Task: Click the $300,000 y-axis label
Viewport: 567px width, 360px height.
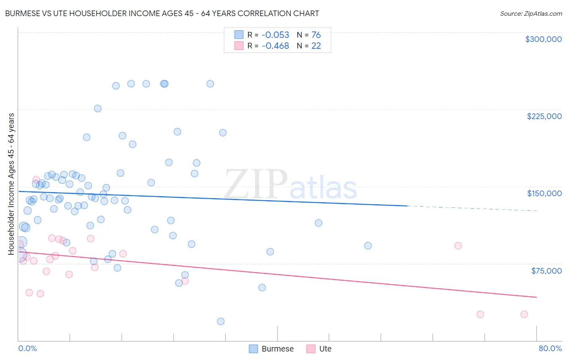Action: click(x=543, y=39)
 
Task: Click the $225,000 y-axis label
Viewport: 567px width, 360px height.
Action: click(x=544, y=116)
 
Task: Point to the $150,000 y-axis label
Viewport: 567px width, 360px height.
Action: click(x=544, y=193)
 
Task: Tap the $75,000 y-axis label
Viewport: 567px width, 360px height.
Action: click(x=546, y=271)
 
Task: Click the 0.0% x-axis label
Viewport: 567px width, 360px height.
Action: click(x=27, y=349)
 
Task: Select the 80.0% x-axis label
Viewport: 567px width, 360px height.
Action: click(x=550, y=349)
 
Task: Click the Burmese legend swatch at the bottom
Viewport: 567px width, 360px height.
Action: click(x=253, y=349)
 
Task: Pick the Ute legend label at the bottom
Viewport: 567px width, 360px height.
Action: click(x=325, y=349)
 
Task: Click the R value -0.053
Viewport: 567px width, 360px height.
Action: click(x=275, y=35)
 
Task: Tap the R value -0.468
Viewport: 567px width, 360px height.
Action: click(x=275, y=46)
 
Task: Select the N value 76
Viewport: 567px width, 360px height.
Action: click(x=316, y=35)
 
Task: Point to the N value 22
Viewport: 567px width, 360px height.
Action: click(x=316, y=46)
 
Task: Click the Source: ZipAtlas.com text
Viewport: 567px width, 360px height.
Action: click(x=531, y=14)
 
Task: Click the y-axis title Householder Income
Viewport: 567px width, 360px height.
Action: click(x=11, y=184)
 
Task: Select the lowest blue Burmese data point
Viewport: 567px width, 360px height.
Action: click(x=221, y=321)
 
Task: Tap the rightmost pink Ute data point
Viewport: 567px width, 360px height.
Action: click(x=524, y=314)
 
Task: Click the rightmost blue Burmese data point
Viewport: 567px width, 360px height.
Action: click(x=368, y=246)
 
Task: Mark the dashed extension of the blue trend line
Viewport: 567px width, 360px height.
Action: click(x=472, y=208)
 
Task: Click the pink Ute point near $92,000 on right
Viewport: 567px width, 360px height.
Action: click(x=458, y=246)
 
